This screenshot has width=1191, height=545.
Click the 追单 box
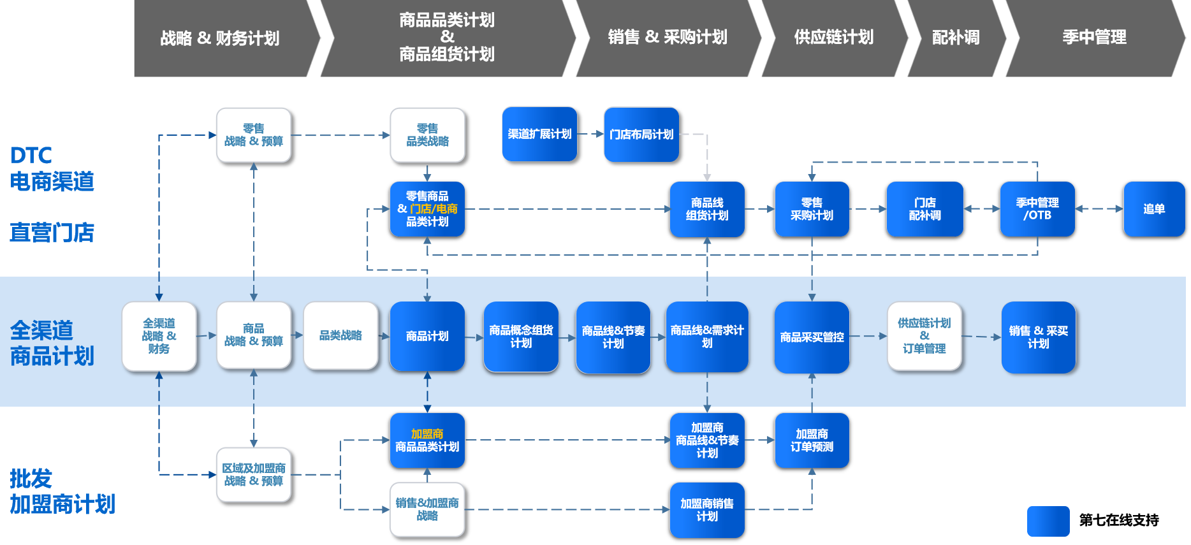pos(1153,209)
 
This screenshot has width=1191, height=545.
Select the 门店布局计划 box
pos(641,134)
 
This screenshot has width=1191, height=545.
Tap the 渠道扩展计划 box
pos(539,134)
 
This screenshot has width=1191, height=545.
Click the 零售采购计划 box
pos(812,209)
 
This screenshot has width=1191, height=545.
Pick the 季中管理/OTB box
pos(1037,209)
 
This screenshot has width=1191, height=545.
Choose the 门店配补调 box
pos(924,209)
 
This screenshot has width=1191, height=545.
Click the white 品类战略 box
pos(340,336)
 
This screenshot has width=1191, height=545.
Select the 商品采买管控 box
pos(812,337)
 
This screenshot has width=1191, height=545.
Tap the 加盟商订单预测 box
pos(812,440)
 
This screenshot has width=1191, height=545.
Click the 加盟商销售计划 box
pos(707,510)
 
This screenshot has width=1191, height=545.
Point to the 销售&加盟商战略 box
pos(427,509)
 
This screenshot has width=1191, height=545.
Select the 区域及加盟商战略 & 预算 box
pos(254,475)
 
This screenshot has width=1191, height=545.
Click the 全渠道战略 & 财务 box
pos(159,336)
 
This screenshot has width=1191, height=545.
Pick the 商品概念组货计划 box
pos(521,337)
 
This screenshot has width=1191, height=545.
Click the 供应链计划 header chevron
pos(833,38)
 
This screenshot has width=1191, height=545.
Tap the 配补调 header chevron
pos(955,38)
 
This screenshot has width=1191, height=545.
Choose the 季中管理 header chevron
pos(1094,38)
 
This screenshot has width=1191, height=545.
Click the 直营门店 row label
pos(52,233)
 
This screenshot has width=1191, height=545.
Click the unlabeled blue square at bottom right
pos(1048,521)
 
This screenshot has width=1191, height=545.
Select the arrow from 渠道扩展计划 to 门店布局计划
pos(590,134)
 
